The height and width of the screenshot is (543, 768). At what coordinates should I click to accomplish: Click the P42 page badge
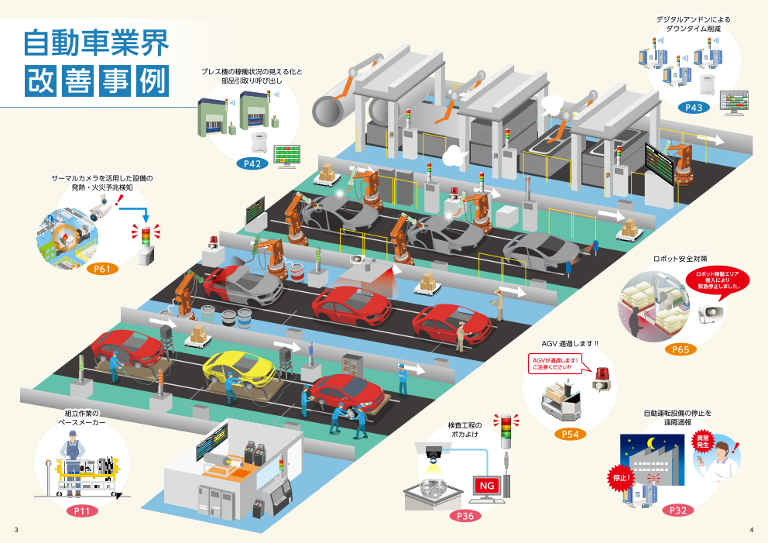click(x=252, y=163)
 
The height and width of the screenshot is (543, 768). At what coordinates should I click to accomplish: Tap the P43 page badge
click(x=694, y=108)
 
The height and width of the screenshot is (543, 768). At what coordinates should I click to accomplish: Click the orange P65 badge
click(x=680, y=349)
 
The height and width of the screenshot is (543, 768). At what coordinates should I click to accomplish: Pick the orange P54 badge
click(x=570, y=434)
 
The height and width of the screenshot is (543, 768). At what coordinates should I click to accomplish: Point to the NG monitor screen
click(x=487, y=486)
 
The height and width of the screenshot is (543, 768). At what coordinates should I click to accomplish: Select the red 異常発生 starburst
click(x=703, y=442)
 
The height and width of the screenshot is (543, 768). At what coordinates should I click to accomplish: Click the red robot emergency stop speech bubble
click(x=718, y=280)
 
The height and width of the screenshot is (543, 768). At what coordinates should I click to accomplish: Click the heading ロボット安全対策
click(x=681, y=258)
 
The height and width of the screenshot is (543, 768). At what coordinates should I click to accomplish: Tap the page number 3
click(x=16, y=530)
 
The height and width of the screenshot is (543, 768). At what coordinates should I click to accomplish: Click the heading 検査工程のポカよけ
click(x=465, y=430)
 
